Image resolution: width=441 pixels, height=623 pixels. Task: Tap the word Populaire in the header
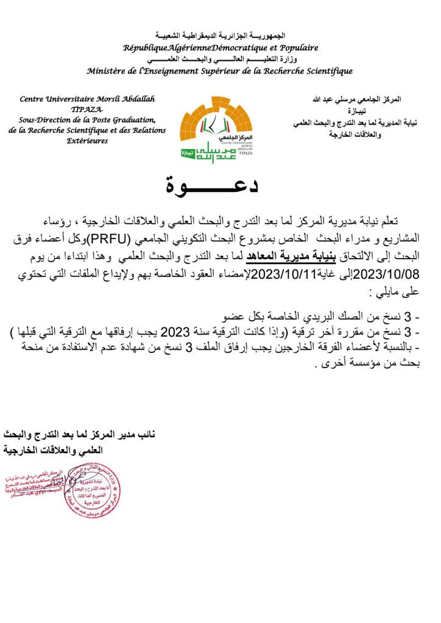(x=296, y=47)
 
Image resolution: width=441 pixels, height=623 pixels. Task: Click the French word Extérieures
(x=87, y=141)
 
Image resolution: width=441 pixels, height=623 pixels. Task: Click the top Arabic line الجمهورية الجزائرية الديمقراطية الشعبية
(x=220, y=36)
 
